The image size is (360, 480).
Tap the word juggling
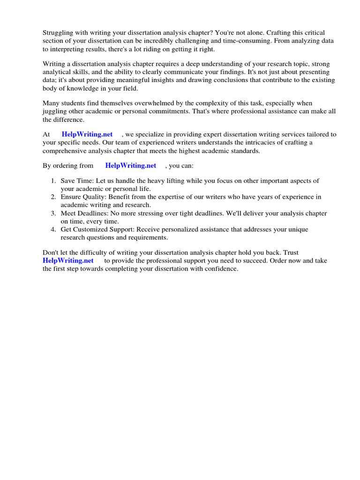point(54,111)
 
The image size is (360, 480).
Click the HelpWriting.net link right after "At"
point(87,134)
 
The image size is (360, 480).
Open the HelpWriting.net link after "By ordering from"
point(131,165)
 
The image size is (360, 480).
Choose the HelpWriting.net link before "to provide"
point(68,261)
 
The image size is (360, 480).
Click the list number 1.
point(53,181)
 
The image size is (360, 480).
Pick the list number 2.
point(53,197)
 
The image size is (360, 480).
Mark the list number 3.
point(53,213)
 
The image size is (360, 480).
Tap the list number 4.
point(53,230)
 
